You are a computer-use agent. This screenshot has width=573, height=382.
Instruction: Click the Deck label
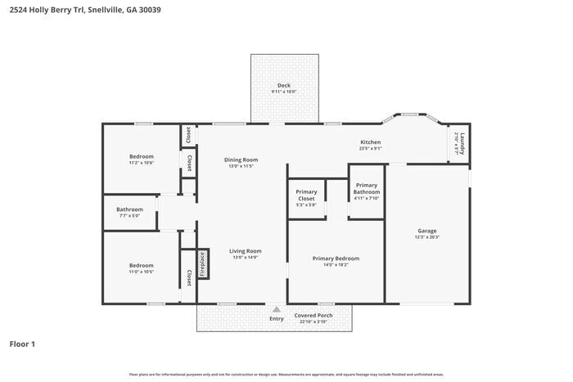[x=283, y=85]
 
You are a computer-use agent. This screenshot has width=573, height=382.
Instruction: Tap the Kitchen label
[x=370, y=142]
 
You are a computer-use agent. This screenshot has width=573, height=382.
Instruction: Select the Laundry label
[x=462, y=141]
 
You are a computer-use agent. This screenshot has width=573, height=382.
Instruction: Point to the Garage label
[x=427, y=231]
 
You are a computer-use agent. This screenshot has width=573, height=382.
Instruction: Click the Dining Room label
[x=241, y=160]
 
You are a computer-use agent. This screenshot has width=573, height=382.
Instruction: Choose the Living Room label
[x=245, y=251]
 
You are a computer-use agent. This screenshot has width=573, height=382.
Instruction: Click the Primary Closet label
[x=306, y=195]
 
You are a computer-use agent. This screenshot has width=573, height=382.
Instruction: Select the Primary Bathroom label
[x=366, y=188]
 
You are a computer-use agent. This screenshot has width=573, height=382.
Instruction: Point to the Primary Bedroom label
[x=336, y=258]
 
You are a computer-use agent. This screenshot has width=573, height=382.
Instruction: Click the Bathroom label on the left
[x=129, y=209]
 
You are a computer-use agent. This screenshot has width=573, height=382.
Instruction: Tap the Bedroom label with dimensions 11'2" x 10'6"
[x=141, y=156]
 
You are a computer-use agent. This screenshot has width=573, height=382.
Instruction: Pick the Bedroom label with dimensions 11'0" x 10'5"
[x=141, y=265]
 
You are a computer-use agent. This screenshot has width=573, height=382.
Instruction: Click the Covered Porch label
[x=311, y=315]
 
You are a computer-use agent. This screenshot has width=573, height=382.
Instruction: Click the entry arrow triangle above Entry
[x=277, y=309]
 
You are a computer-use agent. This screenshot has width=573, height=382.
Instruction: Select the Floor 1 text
[x=22, y=344]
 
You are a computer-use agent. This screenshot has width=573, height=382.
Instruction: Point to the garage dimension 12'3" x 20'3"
[x=427, y=237]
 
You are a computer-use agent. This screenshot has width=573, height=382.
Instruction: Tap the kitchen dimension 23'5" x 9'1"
[x=370, y=149]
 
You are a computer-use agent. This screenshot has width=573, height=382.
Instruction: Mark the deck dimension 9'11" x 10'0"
[x=283, y=92]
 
